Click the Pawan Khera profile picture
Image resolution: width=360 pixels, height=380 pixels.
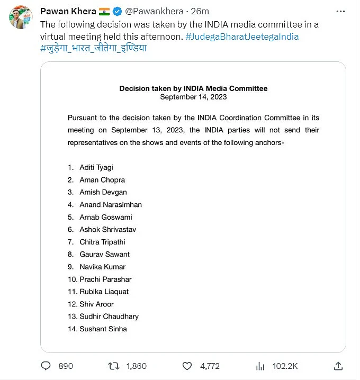[x=20, y=17]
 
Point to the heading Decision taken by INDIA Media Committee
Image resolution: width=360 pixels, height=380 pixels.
[x=193, y=88]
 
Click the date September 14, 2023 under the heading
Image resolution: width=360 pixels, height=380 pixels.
[x=193, y=97]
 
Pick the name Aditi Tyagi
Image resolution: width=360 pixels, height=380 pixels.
[x=96, y=167]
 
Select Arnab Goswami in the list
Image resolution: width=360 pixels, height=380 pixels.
[x=105, y=217]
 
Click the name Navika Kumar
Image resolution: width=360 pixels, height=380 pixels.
[x=102, y=267]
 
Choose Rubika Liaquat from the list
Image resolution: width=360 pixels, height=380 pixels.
[x=104, y=292]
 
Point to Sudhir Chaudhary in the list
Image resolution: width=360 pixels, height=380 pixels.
[x=109, y=316]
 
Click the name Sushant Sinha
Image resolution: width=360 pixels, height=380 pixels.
[x=103, y=329]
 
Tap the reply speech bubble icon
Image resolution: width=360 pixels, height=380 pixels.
[x=46, y=366]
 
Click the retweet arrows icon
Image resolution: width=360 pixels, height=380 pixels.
[x=113, y=366]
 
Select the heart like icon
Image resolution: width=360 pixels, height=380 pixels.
[x=187, y=366]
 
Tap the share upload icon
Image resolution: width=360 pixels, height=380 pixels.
[x=338, y=366]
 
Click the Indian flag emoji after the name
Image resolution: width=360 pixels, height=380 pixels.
[x=104, y=12]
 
